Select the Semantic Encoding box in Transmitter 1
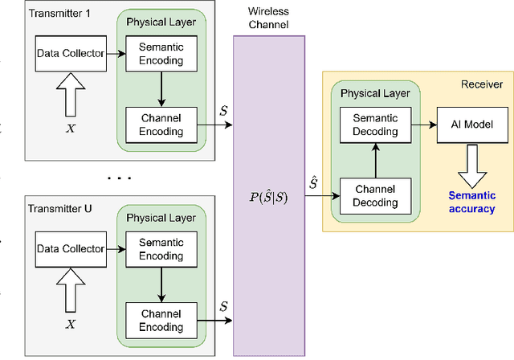161,54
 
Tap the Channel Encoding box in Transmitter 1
161,125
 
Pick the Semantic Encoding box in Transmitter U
161,249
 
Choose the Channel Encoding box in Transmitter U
161,320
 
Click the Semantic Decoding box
375,125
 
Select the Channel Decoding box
375,195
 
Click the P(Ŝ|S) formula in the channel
268,196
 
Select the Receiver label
481,84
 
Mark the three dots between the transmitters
118,177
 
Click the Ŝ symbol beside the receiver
312,184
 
